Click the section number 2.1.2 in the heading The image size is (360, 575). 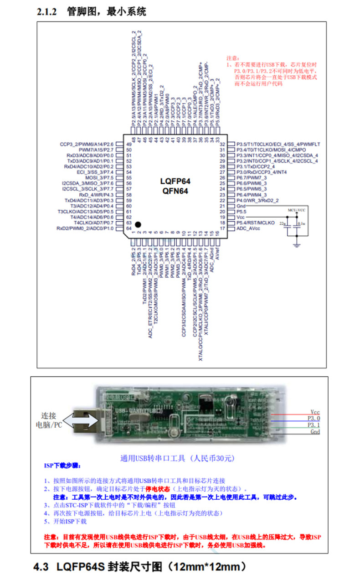[46, 12]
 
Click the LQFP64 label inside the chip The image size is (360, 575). [175, 181]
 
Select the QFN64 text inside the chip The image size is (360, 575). [175, 192]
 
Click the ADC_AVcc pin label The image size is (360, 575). [248, 228]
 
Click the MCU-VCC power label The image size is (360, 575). [296, 210]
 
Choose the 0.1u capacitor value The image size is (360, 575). [301, 224]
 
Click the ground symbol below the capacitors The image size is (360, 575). [297, 246]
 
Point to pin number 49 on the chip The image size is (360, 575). [129, 144]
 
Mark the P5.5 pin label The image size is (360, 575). [241, 212]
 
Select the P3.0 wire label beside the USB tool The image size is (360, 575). [314, 418]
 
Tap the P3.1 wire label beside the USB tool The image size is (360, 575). [314, 425]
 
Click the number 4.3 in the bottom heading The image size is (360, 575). [42, 567]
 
